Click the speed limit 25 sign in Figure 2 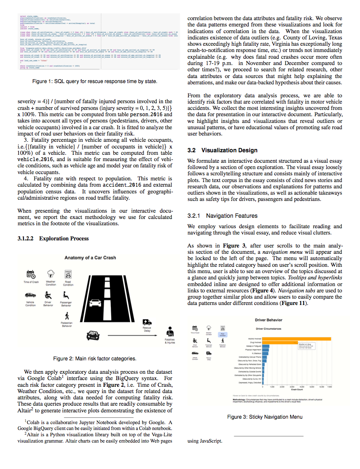[x=68, y=275]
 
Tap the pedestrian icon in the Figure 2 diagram [x=67, y=315]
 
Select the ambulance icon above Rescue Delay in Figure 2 [x=146, y=322]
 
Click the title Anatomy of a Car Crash [x=90, y=258]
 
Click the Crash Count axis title [x=297, y=389]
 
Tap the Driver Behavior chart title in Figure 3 [x=269, y=320]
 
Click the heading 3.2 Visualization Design [x=222, y=150]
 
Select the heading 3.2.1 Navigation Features [x=222, y=216]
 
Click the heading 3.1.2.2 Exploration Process [x=53, y=238]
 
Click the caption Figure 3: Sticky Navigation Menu [x=265, y=417]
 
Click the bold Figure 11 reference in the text [x=297, y=303]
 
